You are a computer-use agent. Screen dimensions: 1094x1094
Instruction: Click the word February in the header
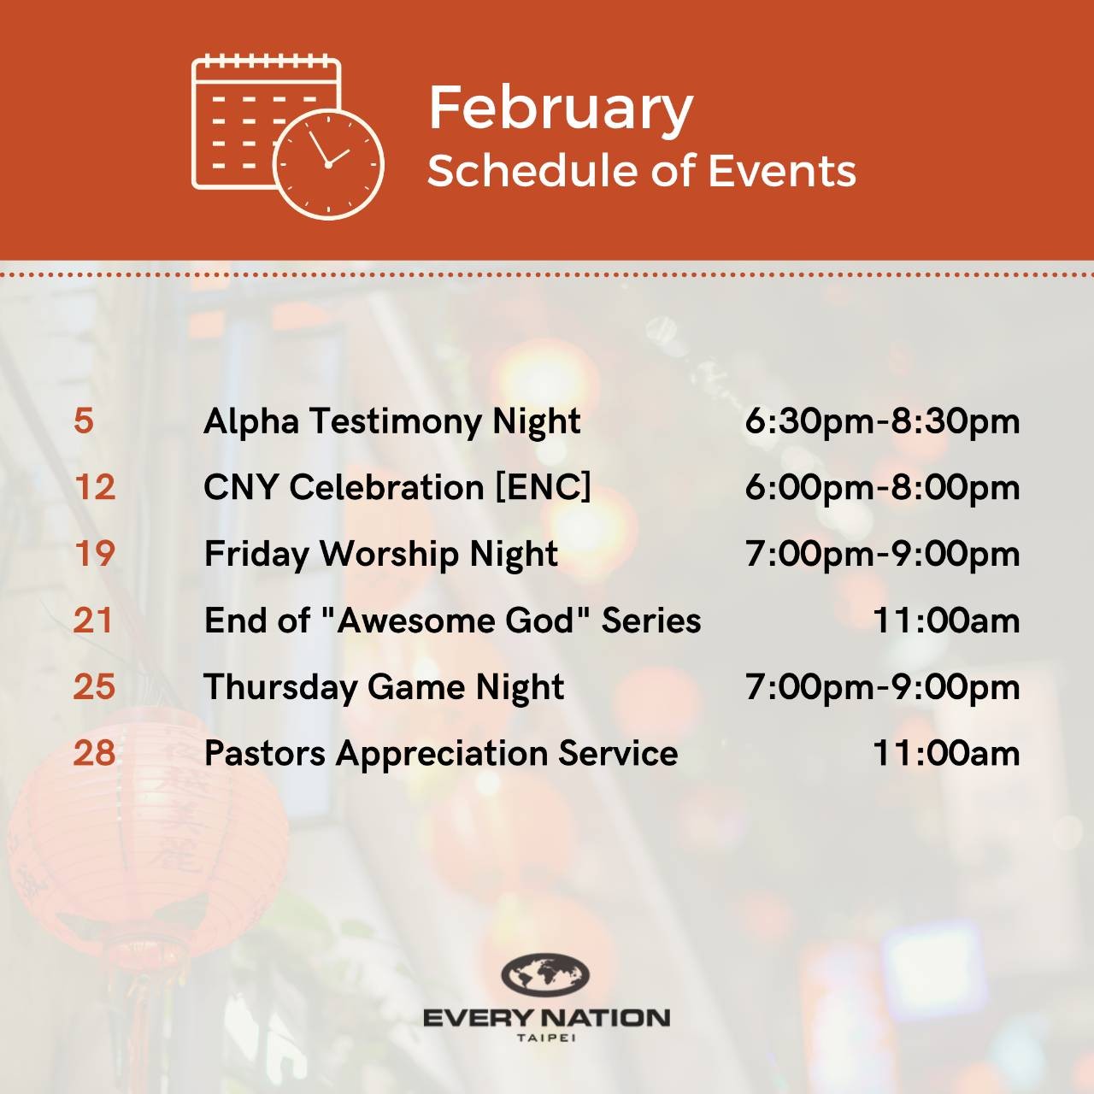[561, 109]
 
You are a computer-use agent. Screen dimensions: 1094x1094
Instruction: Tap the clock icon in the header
[328, 164]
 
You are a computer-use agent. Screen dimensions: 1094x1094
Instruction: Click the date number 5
[84, 421]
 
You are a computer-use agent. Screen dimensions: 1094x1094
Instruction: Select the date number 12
[94, 487]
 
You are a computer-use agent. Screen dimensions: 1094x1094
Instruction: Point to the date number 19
[94, 554]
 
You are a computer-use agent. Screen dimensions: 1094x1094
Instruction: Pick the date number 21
[93, 620]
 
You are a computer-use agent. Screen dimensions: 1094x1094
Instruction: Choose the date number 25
[94, 686]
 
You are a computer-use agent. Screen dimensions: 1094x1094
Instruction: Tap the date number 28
[94, 753]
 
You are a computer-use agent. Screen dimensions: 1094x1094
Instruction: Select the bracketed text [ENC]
[543, 488]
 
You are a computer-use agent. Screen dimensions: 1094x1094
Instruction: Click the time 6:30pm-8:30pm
[882, 422]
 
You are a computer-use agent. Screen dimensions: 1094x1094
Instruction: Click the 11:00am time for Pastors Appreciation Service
[946, 754]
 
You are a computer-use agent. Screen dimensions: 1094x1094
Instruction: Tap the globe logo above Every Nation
[545, 973]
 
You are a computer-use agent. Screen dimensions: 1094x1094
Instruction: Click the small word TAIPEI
[546, 1038]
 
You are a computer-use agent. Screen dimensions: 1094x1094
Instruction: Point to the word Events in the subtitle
[782, 171]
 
